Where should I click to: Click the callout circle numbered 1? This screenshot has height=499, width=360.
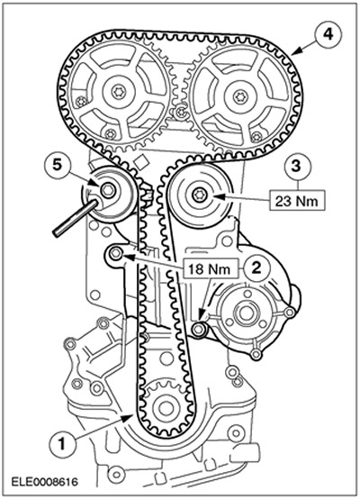62,443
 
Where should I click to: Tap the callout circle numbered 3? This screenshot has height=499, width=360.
296,167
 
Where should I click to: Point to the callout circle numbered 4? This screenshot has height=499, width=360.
328,34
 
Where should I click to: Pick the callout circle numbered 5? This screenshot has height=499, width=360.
57,167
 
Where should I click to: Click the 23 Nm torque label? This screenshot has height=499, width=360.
297,201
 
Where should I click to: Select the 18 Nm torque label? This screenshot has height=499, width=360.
210,269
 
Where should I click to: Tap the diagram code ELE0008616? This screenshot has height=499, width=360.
44,482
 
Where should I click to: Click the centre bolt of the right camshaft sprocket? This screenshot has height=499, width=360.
238,96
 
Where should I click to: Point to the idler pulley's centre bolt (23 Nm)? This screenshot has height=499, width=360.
200,195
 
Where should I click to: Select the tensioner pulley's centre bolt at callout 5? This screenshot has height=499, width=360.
107,190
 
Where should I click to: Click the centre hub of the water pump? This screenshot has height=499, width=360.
245,313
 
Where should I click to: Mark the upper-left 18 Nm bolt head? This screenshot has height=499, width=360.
115,253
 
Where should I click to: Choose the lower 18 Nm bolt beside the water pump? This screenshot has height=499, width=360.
199,329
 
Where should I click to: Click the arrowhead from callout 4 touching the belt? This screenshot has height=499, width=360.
295,52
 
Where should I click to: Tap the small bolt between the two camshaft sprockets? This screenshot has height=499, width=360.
181,112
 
